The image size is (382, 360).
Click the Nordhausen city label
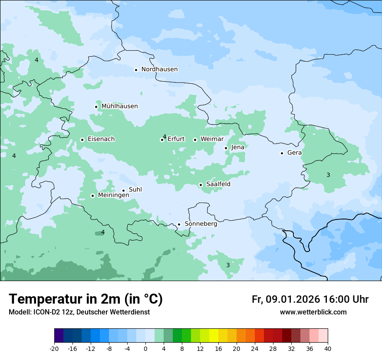click(159, 69)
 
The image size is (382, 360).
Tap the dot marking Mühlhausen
click(96, 107)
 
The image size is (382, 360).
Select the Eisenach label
click(101, 139)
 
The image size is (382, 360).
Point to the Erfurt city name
click(176, 139)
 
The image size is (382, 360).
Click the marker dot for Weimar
click(195, 140)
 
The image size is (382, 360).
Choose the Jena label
click(238, 147)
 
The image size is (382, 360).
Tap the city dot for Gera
click(282, 153)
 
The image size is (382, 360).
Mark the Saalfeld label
click(218, 184)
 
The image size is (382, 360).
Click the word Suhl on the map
click(135, 190)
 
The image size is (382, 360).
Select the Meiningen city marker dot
click(92, 196)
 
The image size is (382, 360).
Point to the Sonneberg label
click(201, 224)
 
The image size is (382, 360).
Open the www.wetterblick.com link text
click(313, 312)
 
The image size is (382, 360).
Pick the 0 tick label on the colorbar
click(145, 348)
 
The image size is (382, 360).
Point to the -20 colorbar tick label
click(54, 348)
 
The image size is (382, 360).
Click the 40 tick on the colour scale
click(328, 348)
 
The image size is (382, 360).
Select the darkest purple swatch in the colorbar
click(59, 336)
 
